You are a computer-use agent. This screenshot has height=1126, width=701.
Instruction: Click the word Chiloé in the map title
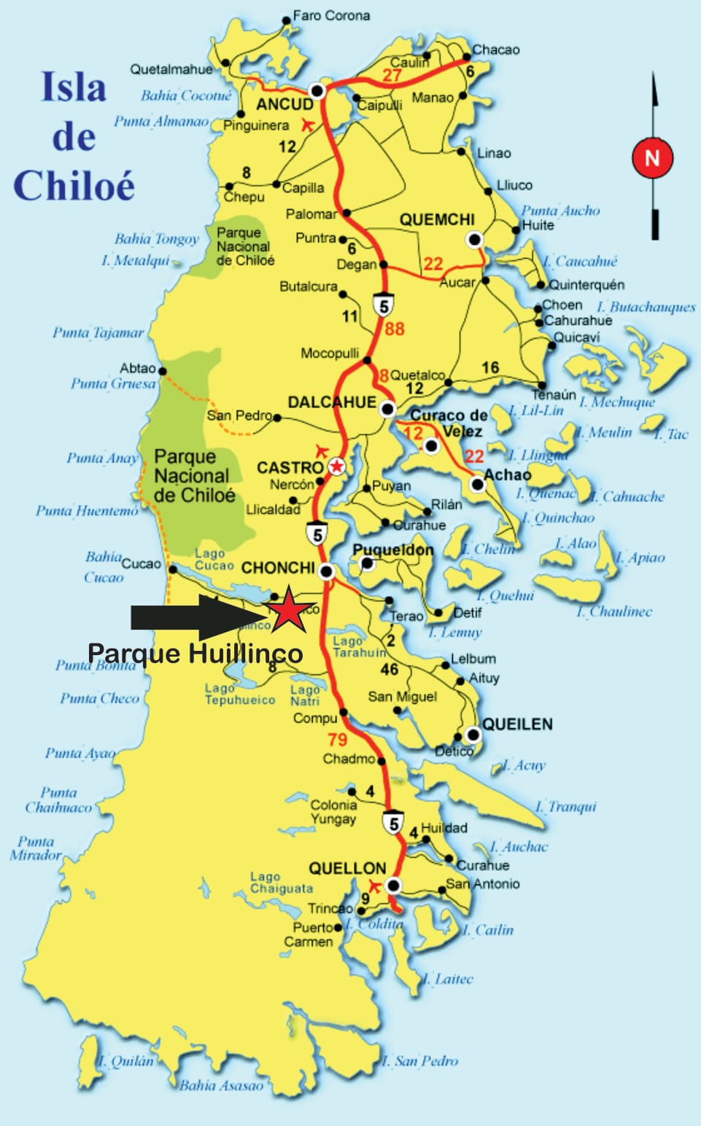pyautogui.click(x=74, y=185)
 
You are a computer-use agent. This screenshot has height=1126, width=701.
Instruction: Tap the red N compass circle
pyautogui.click(x=651, y=158)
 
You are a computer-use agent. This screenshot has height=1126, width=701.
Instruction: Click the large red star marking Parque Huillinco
pyautogui.click(x=289, y=609)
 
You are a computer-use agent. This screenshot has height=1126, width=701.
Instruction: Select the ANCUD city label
pyautogui.click(x=284, y=104)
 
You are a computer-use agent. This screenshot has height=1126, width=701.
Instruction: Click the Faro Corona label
pyautogui.click(x=331, y=15)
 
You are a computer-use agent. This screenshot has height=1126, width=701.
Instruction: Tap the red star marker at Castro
pyautogui.click(x=337, y=466)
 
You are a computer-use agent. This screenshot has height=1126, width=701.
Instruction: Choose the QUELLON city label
pyautogui.click(x=346, y=868)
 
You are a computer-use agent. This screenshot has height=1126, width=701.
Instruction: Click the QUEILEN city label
pyautogui.click(x=517, y=724)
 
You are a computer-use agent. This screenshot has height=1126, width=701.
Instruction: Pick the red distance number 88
pyautogui.click(x=394, y=329)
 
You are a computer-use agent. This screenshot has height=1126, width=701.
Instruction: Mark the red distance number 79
pyautogui.click(x=337, y=740)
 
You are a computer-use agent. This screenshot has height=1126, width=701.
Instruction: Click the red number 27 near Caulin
pyautogui.click(x=392, y=75)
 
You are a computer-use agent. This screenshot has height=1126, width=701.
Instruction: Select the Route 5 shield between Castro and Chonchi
pyautogui.click(x=317, y=534)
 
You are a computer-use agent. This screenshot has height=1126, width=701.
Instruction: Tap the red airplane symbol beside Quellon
pyautogui.click(x=374, y=885)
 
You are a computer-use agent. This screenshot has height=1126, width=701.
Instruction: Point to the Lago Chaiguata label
pyautogui.click(x=281, y=883)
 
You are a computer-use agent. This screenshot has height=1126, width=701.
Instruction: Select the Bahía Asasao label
pyautogui.click(x=221, y=1085)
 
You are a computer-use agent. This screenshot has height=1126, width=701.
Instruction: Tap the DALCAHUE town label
pyautogui.click(x=332, y=402)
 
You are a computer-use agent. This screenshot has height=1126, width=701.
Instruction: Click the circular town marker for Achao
pyautogui.click(x=477, y=484)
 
